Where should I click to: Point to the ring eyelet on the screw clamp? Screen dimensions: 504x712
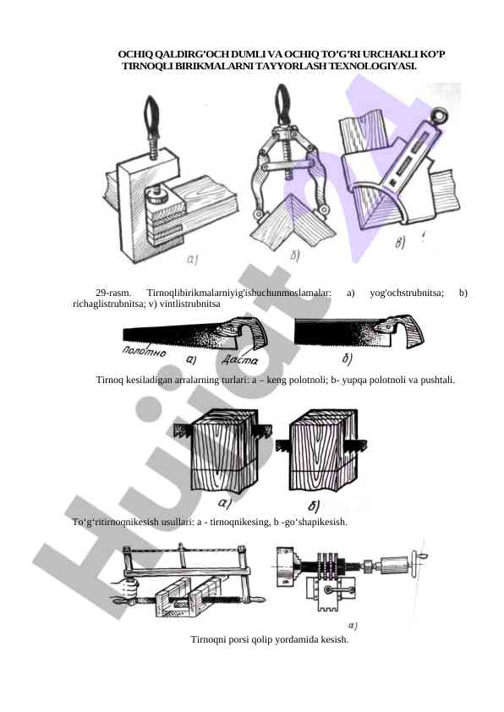(441, 115)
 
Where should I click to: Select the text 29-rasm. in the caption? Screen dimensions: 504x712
(113, 293)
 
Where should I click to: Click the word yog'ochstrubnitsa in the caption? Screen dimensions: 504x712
(407, 293)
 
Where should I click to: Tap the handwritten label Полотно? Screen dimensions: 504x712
(145, 352)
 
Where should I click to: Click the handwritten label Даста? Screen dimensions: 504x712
(240, 360)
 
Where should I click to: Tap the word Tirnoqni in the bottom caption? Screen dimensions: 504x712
(206, 640)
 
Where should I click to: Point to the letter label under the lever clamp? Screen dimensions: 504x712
(295, 256)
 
